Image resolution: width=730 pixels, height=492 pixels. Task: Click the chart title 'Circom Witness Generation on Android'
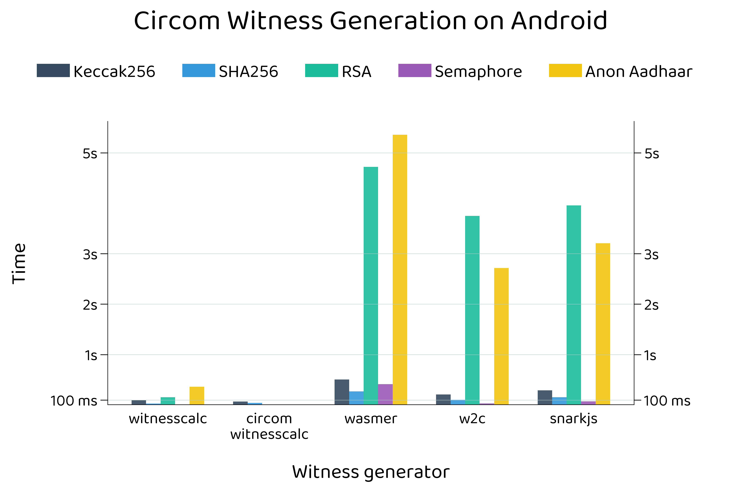(370, 21)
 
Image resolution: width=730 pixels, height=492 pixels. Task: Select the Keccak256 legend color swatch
(53, 71)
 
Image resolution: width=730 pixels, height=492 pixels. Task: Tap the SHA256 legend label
(248, 72)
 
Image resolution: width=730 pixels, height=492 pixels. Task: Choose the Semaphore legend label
(478, 72)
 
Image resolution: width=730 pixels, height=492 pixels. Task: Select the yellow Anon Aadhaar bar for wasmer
(400, 270)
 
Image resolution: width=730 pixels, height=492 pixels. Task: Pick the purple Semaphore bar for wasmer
(385, 394)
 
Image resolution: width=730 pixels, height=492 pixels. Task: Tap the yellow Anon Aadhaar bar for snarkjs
(603, 324)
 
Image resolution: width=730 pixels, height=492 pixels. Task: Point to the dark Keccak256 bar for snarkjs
(545, 397)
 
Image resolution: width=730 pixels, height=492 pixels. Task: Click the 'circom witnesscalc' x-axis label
(269, 426)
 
